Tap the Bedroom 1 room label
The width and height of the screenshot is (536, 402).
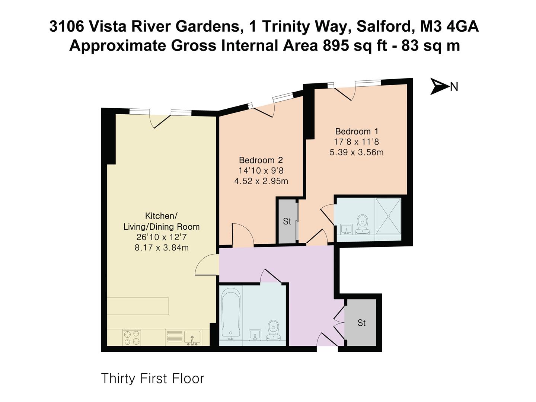tap(357, 131)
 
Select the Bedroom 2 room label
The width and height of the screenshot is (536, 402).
tap(261, 160)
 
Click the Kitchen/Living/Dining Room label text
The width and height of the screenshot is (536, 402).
tap(161, 221)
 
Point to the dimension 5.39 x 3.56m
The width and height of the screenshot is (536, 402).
tap(357, 152)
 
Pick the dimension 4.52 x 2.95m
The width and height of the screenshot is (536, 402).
tap(261, 181)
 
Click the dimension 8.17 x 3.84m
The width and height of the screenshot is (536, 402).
tap(162, 248)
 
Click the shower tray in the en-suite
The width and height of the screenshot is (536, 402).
tap(388, 216)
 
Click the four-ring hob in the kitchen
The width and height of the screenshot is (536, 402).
tap(132, 337)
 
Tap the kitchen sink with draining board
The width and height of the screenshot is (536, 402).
tap(183, 338)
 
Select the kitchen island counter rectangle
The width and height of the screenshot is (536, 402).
tap(138, 306)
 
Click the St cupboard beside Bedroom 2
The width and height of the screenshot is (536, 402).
tap(287, 221)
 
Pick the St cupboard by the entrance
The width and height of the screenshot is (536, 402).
tap(361, 323)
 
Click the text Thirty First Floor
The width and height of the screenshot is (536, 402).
tap(153, 379)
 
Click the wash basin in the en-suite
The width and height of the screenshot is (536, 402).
tap(346, 229)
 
